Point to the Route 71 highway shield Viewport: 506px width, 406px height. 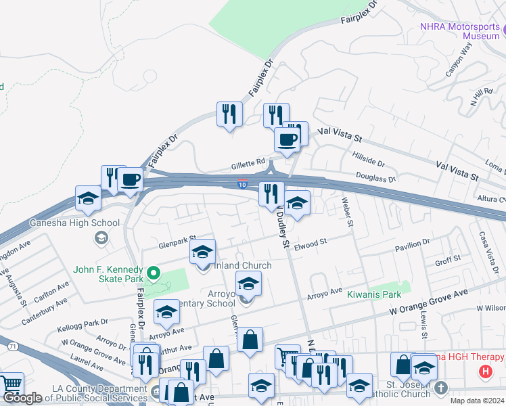coord(12,346)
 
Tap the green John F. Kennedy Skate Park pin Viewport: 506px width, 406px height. coord(154,273)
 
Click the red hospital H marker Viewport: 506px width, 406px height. coord(484,371)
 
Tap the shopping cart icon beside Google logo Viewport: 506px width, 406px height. coord(12,384)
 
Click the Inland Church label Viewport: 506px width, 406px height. coord(243,265)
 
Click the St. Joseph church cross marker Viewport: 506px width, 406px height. coord(441,388)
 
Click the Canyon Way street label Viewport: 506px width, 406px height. coord(457,60)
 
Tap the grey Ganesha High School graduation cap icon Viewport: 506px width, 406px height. coord(101,237)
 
